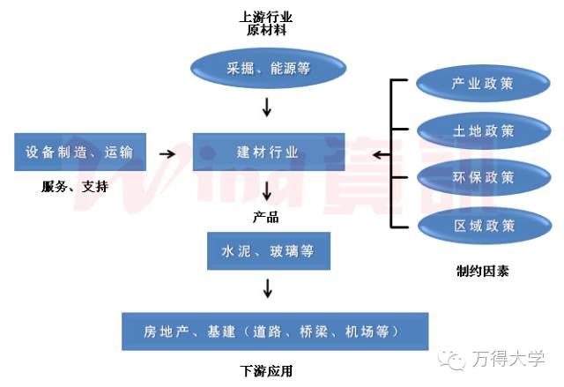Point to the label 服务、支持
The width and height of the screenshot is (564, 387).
[x=75, y=186]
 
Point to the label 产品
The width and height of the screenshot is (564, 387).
[x=266, y=216]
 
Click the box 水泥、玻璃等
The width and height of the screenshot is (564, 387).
[x=268, y=251]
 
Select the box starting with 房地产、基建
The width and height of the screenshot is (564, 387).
[x=274, y=331]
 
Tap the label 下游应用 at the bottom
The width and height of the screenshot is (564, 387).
[x=266, y=371]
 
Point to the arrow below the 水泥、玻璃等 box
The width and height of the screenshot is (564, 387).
[x=268, y=288]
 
